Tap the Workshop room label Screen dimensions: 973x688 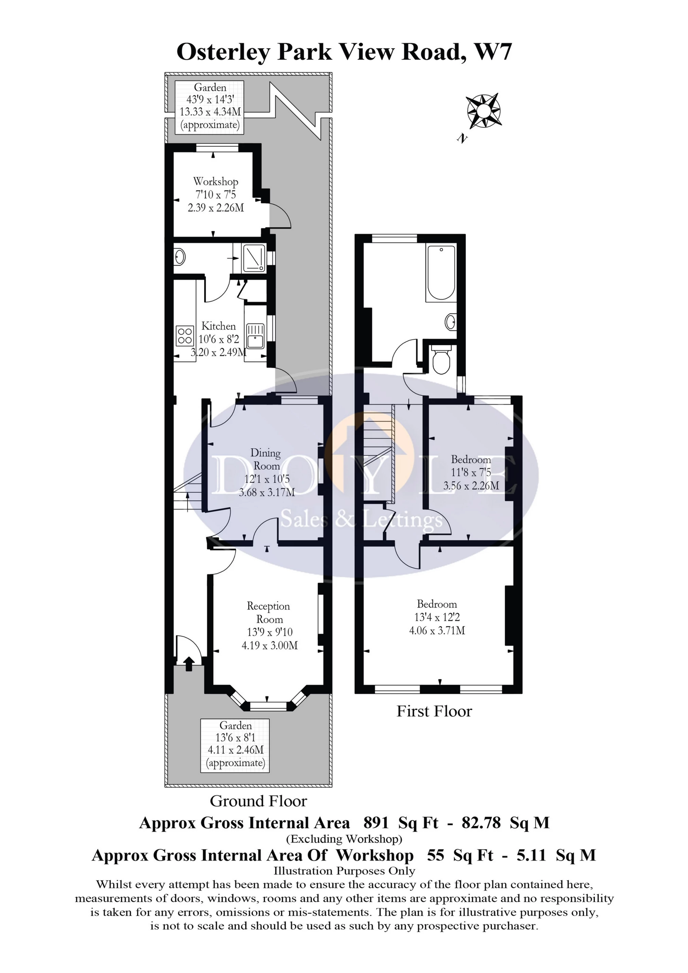click(215, 182)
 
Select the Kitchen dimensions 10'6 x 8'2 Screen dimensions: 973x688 click(219, 339)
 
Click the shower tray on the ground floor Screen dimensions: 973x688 click(254, 258)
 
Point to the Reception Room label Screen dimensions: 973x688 click(269, 612)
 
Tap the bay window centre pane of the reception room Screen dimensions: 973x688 click(268, 706)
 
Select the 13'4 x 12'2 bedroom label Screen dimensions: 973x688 click(437, 617)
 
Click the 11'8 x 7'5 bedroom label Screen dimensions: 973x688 click(471, 472)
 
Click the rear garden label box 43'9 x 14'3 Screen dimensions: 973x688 click(210, 106)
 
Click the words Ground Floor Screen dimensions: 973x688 click(258, 801)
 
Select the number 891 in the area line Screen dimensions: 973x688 click(376, 823)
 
